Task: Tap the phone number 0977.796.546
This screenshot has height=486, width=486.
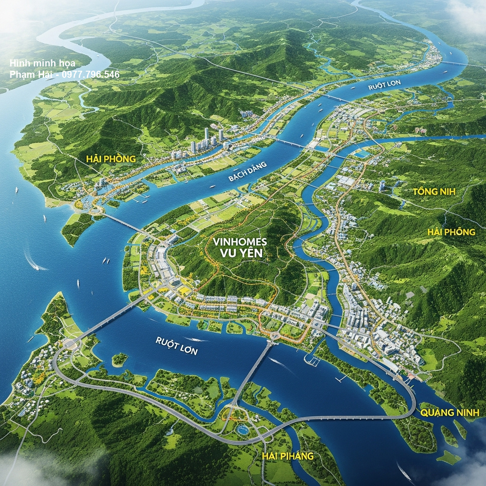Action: (93, 75)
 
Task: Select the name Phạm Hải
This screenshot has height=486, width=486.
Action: (29, 75)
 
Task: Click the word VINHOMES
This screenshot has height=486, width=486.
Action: (240, 242)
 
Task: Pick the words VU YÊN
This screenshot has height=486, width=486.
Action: (241, 253)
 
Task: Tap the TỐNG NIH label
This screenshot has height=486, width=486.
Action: (434, 192)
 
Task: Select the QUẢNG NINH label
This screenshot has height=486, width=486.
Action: (450, 412)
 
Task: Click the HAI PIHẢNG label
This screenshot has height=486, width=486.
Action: (288, 456)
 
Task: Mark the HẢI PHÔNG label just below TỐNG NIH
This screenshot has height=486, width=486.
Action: (451, 232)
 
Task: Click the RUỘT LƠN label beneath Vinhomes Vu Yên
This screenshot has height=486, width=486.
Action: (177, 346)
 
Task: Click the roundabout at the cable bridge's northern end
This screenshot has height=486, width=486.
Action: (274, 336)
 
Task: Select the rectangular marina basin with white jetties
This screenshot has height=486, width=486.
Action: (311, 360)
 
